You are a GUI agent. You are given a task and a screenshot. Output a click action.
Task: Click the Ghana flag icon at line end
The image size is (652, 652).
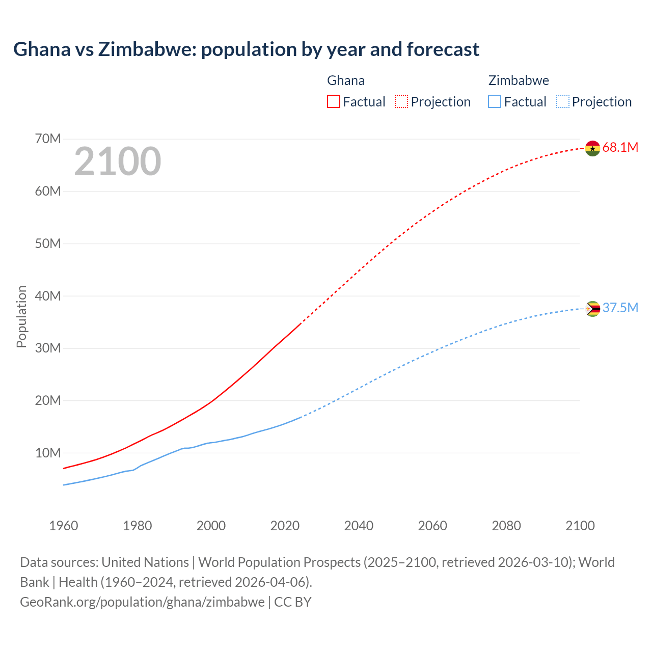(x=592, y=148)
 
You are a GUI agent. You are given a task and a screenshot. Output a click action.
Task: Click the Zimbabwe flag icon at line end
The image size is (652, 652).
(x=592, y=309)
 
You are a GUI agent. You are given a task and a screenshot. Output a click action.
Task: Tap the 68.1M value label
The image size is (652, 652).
(x=620, y=148)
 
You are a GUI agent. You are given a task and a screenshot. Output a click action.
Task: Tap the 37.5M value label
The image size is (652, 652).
(x=620, y=308)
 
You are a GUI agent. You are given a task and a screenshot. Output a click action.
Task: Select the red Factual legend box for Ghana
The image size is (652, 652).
(x=333, y=101)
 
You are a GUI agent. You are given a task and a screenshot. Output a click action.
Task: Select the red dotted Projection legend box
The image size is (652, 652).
(x=401, y=101)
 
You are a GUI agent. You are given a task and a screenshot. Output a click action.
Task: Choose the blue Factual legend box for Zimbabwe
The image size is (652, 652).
(x=495, y=101)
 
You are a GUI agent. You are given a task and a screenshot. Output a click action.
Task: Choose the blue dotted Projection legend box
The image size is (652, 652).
(x=563, y=101)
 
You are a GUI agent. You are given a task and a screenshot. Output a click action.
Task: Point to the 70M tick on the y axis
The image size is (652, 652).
(x=48, y=139)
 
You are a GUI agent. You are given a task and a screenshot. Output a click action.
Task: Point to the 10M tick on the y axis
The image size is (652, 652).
(x=48, y=453)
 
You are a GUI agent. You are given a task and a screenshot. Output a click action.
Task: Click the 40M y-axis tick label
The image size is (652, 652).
(x=48, y=296)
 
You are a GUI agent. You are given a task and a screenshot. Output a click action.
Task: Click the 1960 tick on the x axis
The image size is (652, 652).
(x=64, y=526)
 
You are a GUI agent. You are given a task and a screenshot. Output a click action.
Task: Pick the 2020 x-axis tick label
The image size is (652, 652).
(x=285, y=526)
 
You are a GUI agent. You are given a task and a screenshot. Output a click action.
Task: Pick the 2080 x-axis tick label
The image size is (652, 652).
(x=506, y=526)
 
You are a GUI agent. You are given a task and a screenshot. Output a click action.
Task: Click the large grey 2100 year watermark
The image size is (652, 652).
(x=118, y=161)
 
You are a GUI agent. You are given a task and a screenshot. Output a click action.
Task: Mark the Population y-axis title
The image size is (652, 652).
(x=21, y=316)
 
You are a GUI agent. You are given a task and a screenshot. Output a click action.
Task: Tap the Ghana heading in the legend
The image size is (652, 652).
(x=345, y=80)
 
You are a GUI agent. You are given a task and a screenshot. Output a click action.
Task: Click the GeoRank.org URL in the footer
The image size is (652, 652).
(x=142, y=602)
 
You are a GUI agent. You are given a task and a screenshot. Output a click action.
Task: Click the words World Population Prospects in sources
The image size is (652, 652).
(x=279, y=562)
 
